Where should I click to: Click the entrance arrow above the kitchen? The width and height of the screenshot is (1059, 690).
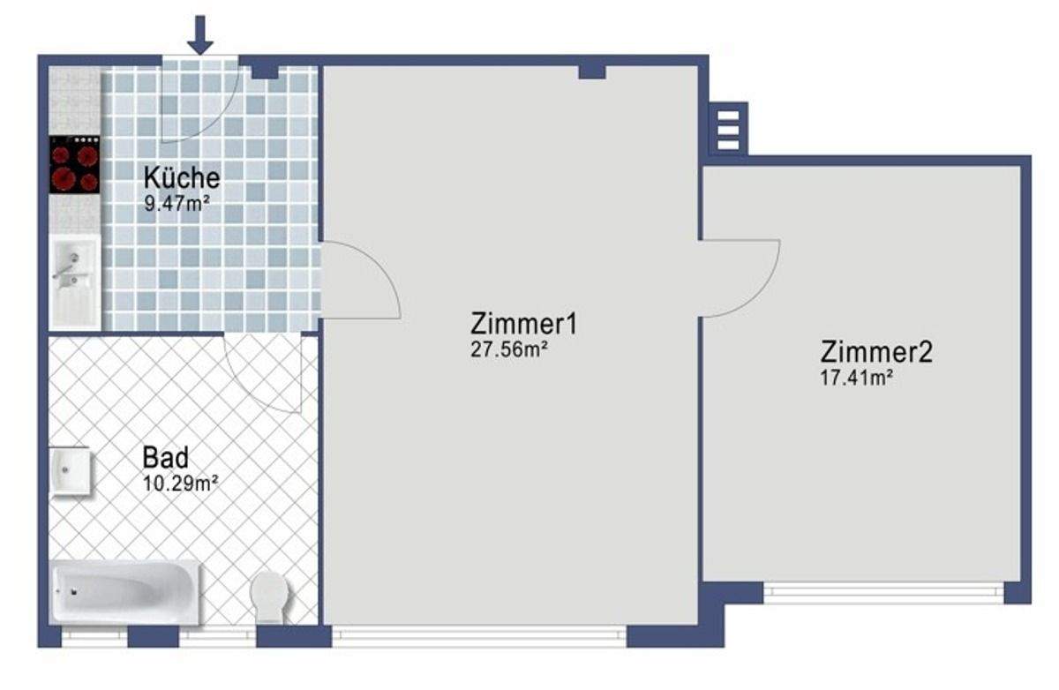200,34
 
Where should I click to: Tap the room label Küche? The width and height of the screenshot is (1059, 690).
181,178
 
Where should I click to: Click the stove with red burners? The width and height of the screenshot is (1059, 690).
74,165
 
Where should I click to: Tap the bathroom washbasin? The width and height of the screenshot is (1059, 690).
70,471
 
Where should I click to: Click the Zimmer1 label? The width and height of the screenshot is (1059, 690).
524,324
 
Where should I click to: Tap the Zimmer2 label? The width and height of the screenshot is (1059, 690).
875,352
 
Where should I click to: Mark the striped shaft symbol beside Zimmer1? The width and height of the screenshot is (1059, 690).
728,130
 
